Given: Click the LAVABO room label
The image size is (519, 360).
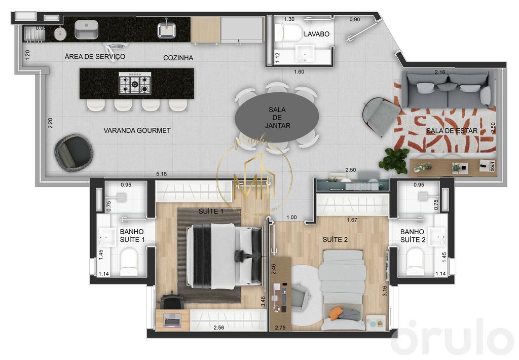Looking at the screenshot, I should (x=317, y=34).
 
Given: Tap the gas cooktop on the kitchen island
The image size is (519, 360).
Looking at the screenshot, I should (x=135, y=83).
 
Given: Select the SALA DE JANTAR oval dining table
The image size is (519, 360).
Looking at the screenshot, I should (x=277, y=118).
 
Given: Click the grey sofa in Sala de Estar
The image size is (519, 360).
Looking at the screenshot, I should (x=449, y=89).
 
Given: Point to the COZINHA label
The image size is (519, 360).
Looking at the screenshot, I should (x=178, y=58).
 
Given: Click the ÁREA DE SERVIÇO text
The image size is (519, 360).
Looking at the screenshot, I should (x=95, y=56).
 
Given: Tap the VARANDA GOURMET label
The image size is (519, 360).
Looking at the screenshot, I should (x=137, y=130).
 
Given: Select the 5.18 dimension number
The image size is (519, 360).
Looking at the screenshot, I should (x=162, y=174).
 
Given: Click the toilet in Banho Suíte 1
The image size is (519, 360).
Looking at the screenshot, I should (x=129, y=259).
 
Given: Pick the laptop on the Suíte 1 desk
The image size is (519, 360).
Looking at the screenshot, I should (x=172, y=319).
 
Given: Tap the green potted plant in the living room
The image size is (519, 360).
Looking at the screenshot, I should (x=394, y=161).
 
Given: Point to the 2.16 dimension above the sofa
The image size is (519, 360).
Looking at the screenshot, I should (x=440, y=73).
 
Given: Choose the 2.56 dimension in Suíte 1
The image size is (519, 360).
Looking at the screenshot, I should (x=219, y=328).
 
